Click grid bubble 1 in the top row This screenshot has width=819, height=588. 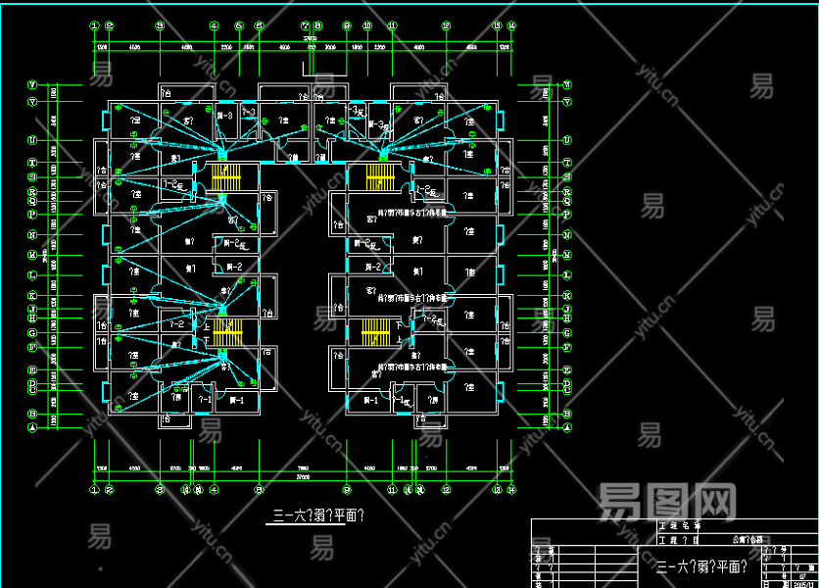tap(94, 25)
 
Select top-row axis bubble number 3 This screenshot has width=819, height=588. tap(158, 25)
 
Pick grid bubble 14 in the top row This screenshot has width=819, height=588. tap(511, 25)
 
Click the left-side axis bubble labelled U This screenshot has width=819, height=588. tap(32, 139)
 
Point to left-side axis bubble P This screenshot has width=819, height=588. tap(32, 213)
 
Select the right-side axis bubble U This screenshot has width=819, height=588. tap(566, 139)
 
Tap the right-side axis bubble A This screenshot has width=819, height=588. tap(566, 428)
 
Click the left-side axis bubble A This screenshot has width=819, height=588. tap(32, 428)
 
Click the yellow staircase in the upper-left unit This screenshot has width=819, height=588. tap(225, 178)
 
